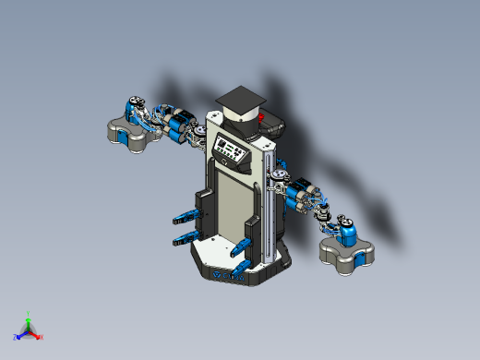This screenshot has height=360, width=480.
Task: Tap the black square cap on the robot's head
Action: pos(238,97)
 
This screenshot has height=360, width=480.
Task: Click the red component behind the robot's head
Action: pos(270,117)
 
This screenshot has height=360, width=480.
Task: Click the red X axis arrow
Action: pos(39,337)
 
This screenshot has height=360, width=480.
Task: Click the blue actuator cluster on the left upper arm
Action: pos(175,125)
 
